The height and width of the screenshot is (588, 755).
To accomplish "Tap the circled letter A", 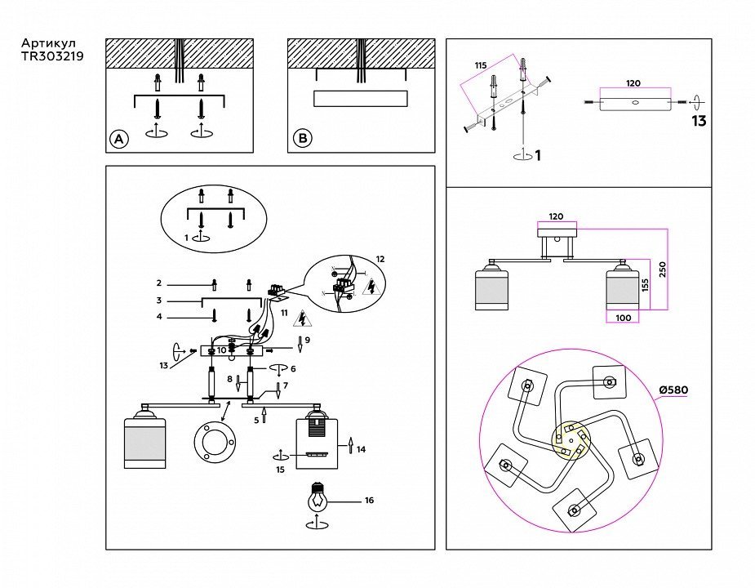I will tap(119, 140).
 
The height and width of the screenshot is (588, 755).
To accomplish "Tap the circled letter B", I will tap(302, 139).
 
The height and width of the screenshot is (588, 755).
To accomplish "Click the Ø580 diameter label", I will tap(673, 390).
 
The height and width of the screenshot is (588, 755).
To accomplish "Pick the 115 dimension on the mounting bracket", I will tap(481, 65).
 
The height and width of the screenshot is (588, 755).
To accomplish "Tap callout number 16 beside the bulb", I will tap(369, 501).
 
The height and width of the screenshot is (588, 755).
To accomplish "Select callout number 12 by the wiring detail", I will tap(380, 259).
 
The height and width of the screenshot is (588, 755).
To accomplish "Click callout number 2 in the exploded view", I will tap(159, 283).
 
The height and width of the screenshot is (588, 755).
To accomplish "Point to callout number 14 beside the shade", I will tap(362, 449).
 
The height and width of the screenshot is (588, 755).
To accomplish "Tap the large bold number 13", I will tap(699, 122).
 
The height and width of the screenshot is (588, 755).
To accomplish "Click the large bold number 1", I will tap(537, 155).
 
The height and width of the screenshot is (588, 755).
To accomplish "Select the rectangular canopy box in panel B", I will tap(360, 99).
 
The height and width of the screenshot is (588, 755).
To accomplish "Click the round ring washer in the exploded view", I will tap(214, 442).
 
